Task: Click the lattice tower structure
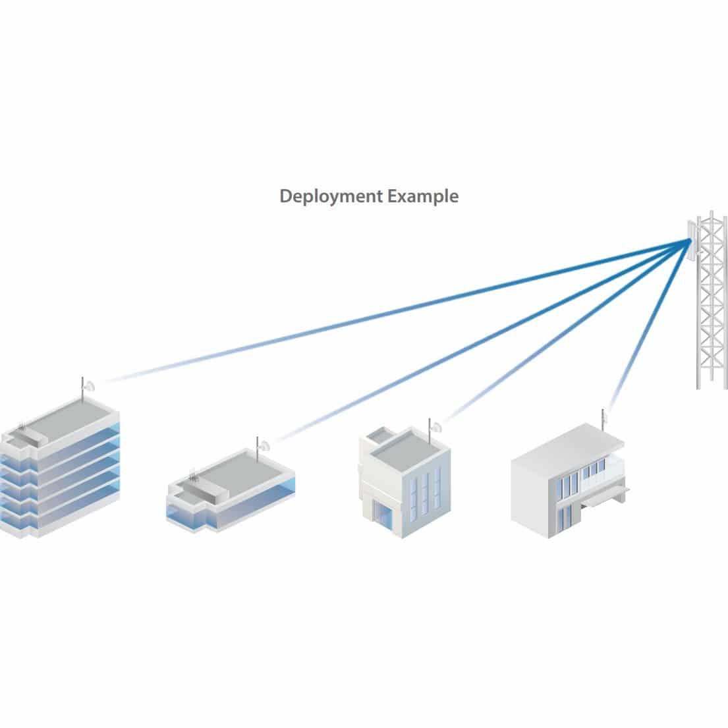pyautogui.click(x=712, y=310)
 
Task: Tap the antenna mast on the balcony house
pyautogui.click(x=602, y=420)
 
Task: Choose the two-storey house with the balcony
pyautogui.click(x=567, y=481)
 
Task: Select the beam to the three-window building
pyautogui.click(x=560, y=336)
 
